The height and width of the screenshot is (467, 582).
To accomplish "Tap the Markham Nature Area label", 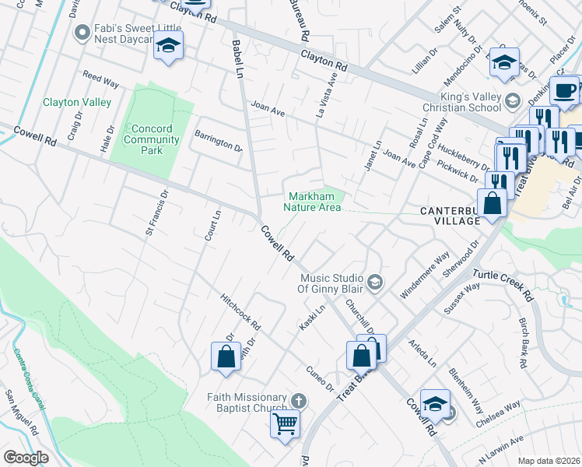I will [312, 202].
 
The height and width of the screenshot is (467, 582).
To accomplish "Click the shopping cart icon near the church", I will [285, 424].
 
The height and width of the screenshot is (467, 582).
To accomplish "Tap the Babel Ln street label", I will [238, 58].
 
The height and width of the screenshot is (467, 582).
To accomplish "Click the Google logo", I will [26, 458].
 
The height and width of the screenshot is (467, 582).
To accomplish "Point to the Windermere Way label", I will [425, 275].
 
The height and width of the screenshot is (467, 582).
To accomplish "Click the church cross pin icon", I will [296, 401].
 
